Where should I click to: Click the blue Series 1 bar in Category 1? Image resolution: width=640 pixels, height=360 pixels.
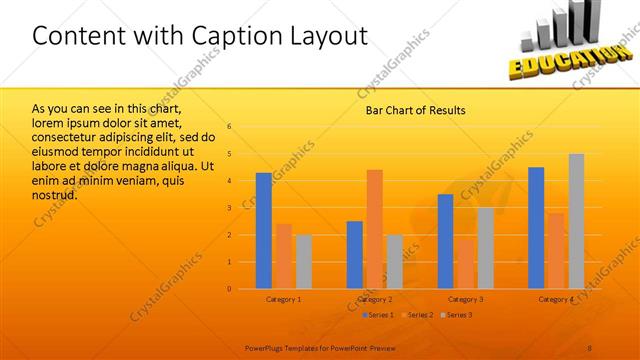[x=264, y=231]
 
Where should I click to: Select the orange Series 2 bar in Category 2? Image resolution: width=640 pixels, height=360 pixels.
[x=374, y=229]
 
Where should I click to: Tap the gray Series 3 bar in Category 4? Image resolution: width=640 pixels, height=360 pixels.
[x=576, y=221]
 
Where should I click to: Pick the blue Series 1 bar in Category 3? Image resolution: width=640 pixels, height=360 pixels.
[x=446, y=241]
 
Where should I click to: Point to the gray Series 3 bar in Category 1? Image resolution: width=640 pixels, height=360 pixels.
[x=303, y=262]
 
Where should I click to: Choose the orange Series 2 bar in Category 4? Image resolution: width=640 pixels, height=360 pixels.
[x=556, y=251]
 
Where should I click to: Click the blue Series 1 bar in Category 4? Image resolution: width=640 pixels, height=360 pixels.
[x=536, y=228]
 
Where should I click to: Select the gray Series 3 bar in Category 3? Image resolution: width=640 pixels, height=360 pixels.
[x=485, y=248]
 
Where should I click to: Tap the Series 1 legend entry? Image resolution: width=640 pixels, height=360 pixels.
[x=378, y=315]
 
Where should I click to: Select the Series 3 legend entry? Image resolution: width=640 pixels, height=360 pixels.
[x=456, y=315]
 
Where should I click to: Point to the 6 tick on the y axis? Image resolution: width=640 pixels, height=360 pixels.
[x=229, y=127]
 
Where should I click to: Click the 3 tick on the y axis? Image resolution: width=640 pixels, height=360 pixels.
[x=229, y=208]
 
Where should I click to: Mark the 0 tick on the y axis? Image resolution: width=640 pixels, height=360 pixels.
[x=229, y=289]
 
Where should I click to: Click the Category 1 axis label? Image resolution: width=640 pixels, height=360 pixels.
[x=284, y=300]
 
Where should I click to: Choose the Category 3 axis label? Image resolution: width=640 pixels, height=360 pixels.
[x=465, y=300]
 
